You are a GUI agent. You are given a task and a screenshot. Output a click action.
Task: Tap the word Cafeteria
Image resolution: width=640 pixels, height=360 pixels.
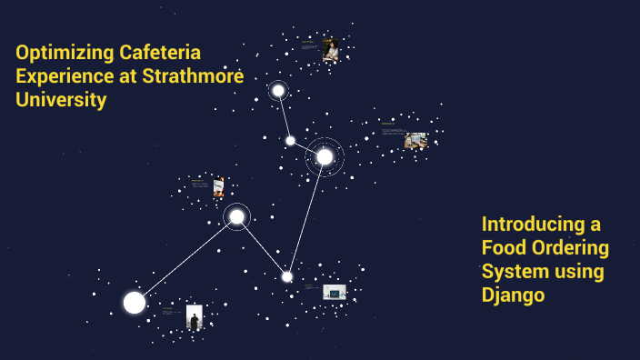click(164, 53)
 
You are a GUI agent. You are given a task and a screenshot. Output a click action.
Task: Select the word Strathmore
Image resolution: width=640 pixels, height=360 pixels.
click(194, 76)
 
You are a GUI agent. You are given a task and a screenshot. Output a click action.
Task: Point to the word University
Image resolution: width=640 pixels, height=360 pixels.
click(61, 100)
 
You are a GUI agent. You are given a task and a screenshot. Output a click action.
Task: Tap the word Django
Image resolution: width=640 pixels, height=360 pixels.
click(513, 295)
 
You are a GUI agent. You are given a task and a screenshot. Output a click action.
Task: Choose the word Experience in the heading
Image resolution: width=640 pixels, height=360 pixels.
click(60, 76)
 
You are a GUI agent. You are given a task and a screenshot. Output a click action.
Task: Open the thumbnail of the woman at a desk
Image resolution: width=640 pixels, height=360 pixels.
click(331, 49)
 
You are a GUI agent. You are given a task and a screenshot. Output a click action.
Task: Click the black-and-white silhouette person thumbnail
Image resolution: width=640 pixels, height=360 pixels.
click(194, 316)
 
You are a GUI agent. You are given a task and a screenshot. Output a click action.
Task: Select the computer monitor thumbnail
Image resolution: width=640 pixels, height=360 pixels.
click(335, 292)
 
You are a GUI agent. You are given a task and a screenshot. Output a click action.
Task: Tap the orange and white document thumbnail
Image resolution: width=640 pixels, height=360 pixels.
click(218, 187)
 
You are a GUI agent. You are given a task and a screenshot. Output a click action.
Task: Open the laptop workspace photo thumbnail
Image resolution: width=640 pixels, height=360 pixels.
click(415, 140)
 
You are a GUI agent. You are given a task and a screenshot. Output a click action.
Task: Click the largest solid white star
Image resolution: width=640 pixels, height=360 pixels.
click(135, 303)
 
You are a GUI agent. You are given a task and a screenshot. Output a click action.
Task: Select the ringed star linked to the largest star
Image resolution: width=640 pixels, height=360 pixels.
click(236, 216)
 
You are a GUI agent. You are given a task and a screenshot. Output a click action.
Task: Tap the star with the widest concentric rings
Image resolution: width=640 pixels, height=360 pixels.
click(325, 156)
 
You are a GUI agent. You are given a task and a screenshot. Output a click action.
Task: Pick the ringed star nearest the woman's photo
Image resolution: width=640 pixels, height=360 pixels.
click(278, 91)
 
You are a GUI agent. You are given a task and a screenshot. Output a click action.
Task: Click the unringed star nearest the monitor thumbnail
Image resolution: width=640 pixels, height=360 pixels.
click(287, 276)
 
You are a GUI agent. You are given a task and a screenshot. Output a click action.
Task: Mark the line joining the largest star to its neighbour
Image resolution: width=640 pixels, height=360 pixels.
click(185, 259)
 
